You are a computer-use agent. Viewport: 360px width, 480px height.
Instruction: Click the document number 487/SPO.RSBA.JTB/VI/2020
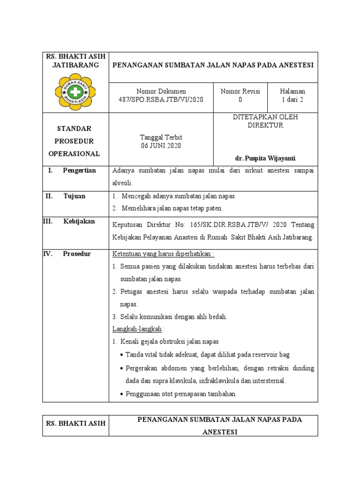click(x=161, y=100)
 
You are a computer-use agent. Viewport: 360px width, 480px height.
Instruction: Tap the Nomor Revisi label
click(x=240, y=91)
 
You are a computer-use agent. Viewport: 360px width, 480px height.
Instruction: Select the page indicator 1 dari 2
click(x=292, y=100)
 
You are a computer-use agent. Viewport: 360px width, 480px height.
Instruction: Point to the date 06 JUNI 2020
click(x=161, y=146)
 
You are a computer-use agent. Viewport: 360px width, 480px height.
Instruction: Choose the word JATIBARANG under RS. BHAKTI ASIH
click(x=75, y=65)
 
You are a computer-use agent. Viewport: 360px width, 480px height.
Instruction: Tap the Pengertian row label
click(x=79, y=171)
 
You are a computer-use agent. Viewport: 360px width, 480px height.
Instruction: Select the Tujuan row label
click(x=75, y=196)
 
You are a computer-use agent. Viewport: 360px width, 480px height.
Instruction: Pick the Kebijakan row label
click(x=79, y=221)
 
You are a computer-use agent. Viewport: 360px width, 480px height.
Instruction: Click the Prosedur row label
click(x=77, y=254)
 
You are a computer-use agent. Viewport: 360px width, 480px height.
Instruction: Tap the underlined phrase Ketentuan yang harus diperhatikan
click(x=162, y=254)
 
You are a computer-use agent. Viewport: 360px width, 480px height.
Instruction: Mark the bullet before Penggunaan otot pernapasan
click(x=122, y=395)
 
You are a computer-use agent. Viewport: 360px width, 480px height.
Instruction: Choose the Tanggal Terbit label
click(x=161, y=137)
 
